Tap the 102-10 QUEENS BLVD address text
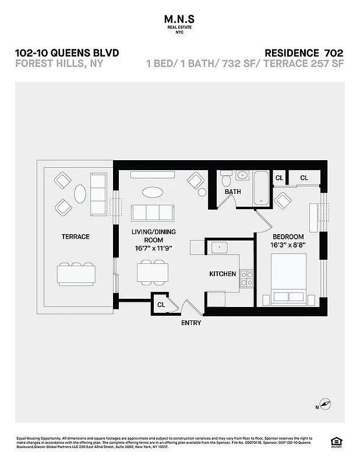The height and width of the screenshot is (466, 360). (67, 53)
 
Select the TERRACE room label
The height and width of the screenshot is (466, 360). (76, 236)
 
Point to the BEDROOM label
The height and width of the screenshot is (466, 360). (288, 236)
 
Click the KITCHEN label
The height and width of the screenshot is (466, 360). (223, 274)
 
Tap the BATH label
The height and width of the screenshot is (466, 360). (233, 192)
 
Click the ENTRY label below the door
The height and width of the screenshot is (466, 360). (190, 323)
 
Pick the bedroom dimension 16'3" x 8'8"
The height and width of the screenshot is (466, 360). (288, 245)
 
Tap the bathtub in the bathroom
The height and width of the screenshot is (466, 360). (261, 188)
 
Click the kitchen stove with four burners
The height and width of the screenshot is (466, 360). (247, 278)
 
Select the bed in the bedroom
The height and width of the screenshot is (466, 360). (288, 278)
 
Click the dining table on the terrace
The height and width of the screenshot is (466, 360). (76, 273)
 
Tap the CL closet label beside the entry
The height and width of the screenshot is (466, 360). (161, 304)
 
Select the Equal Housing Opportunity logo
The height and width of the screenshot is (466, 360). (336, 441)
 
